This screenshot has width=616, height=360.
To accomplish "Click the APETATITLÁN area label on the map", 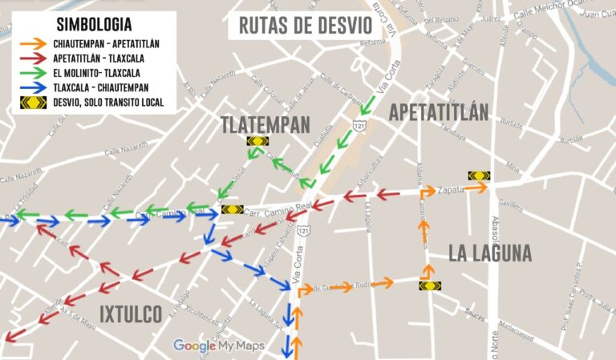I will click(438, 113).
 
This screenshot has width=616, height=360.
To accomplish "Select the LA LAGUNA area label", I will click(489, 253).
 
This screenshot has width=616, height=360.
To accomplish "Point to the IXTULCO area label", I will click(132, 313).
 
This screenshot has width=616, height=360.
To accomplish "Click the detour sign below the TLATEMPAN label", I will click(257, 141).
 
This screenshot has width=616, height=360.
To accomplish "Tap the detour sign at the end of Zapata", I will click(480, 176).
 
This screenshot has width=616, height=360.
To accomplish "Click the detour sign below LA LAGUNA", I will click(428, 285).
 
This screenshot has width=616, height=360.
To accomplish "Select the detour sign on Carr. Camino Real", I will click(232, 210).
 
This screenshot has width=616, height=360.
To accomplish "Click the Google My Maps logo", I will click(219, 346).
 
